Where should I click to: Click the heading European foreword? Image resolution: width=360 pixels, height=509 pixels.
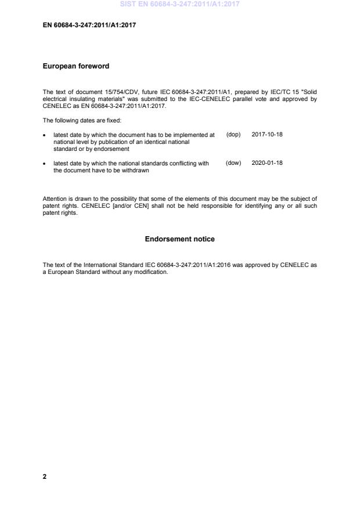[76, 66]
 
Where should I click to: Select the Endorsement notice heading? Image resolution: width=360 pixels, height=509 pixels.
[179, 239]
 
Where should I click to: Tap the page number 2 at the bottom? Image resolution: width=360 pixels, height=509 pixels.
[45, 476]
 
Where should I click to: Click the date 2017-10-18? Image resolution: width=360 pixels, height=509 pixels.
[267, 134]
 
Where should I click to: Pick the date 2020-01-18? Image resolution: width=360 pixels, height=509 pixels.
[267, 164]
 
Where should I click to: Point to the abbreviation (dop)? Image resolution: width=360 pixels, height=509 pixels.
[233, 134]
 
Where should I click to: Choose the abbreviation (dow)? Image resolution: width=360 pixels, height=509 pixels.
[233, 164]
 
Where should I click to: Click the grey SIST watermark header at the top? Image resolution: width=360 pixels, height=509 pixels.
[179, 5]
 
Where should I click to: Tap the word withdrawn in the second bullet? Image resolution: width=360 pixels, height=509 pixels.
[137, 171]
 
